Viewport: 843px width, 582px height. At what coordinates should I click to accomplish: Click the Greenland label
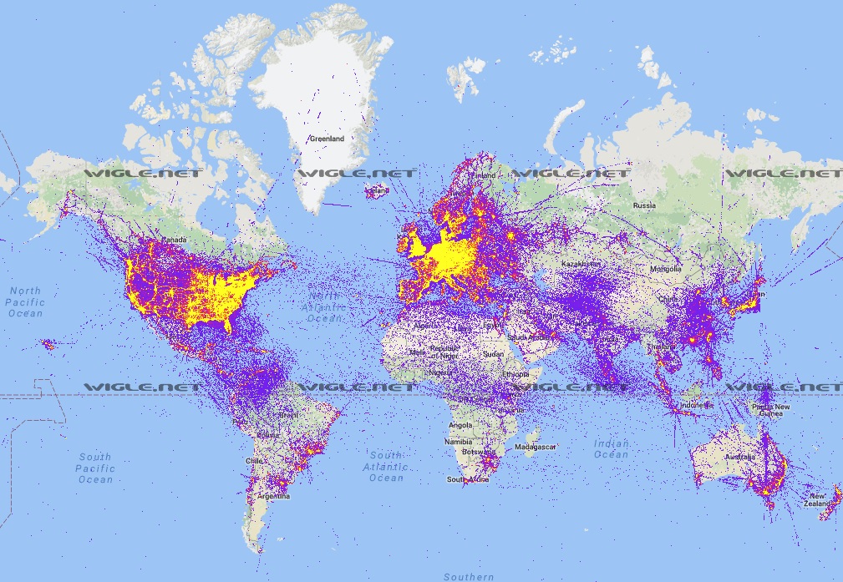pos(325,138)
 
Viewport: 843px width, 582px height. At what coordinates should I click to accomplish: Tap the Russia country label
pos(643,205)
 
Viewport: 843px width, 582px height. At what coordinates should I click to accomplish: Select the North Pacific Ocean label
pos(25,301)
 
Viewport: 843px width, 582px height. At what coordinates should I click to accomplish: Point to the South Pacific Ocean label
pos(95,468)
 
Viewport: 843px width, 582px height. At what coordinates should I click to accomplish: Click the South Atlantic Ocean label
pos(386,466)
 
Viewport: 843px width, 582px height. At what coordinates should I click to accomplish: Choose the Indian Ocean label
pos(611,448)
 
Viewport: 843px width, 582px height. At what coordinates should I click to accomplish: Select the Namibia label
pos(458,442)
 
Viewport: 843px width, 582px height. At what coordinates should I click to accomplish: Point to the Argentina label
pos(274,496)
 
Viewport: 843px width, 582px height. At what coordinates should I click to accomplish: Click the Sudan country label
pos(493,353)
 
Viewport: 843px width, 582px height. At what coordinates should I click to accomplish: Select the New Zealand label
pos(820,499)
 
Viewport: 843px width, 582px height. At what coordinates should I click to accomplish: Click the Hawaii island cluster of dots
pos(48,344)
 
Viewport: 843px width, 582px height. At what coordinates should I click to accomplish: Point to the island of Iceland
pos(377,190)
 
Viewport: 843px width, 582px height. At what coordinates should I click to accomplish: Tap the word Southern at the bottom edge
pos(469,576)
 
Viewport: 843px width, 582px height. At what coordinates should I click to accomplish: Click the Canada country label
pos(172,240)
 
